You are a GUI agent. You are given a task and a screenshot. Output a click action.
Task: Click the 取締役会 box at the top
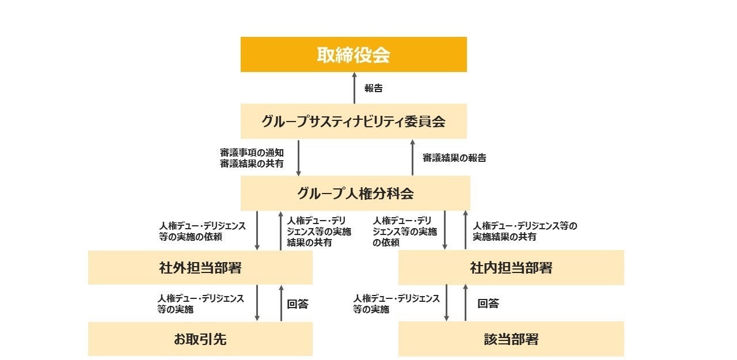pos(354,55)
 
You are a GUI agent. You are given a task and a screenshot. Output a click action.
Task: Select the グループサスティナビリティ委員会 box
pos(354,122)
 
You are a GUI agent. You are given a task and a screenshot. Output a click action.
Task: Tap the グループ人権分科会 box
pos(355,193)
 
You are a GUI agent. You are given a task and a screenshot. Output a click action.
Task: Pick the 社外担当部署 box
pos(200,268)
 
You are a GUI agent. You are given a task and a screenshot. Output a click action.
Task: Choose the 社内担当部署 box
pos(511,268)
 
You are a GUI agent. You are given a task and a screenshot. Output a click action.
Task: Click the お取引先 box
pos(200,339)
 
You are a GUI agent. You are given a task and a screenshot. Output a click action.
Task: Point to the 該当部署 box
pos(511,339)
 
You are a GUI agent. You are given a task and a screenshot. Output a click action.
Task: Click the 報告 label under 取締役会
pos(374,89)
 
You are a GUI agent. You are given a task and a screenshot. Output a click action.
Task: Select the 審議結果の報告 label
pos(454,158)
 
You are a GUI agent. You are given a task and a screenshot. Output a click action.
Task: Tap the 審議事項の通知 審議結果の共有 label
pos(252,158)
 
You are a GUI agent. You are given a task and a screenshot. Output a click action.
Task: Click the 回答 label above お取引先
pos(298,304)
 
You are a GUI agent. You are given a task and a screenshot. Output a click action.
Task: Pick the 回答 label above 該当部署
pos(488,304)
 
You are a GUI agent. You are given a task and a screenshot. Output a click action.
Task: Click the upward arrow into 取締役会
pos(354,88)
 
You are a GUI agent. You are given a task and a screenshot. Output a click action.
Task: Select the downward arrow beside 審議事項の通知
pos(298,157)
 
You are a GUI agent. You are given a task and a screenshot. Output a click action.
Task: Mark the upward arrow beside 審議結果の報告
pos(412,157)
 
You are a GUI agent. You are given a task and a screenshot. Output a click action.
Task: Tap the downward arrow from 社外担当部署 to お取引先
pos(257,303)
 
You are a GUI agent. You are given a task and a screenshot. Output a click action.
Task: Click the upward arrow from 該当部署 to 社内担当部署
pos(465,303)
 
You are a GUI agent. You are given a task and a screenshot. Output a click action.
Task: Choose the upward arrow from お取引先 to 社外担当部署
pos(282,303)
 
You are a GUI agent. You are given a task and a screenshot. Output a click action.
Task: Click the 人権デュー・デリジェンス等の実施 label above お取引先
pos(201,304)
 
